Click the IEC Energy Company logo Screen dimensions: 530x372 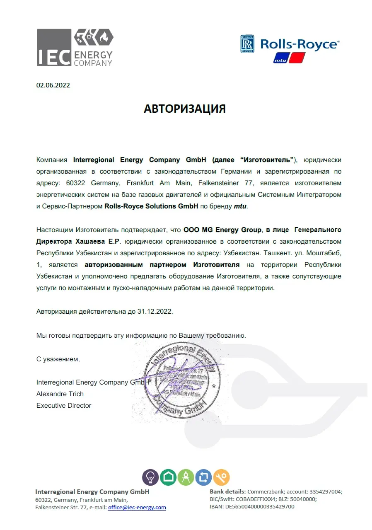(x=75, y=48)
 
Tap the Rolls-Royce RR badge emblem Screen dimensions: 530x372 (x=247, y=44)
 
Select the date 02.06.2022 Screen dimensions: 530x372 (x=53, y=85)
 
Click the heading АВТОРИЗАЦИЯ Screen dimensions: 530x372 (x=184, y=109)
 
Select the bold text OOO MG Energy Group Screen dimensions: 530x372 (x=222, y=230)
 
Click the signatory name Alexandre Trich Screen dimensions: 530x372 (x=60, y=394)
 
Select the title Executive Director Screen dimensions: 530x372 (x=64, y=405)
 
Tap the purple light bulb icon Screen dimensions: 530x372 (x=150, y=477)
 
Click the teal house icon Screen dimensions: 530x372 (x=168, y=477)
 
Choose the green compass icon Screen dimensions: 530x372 (x=186, y=477)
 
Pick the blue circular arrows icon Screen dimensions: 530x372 (x=203, y=477)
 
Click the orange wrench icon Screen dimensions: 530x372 (x=221, y=477)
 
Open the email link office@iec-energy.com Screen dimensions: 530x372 (x=137, y=507)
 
